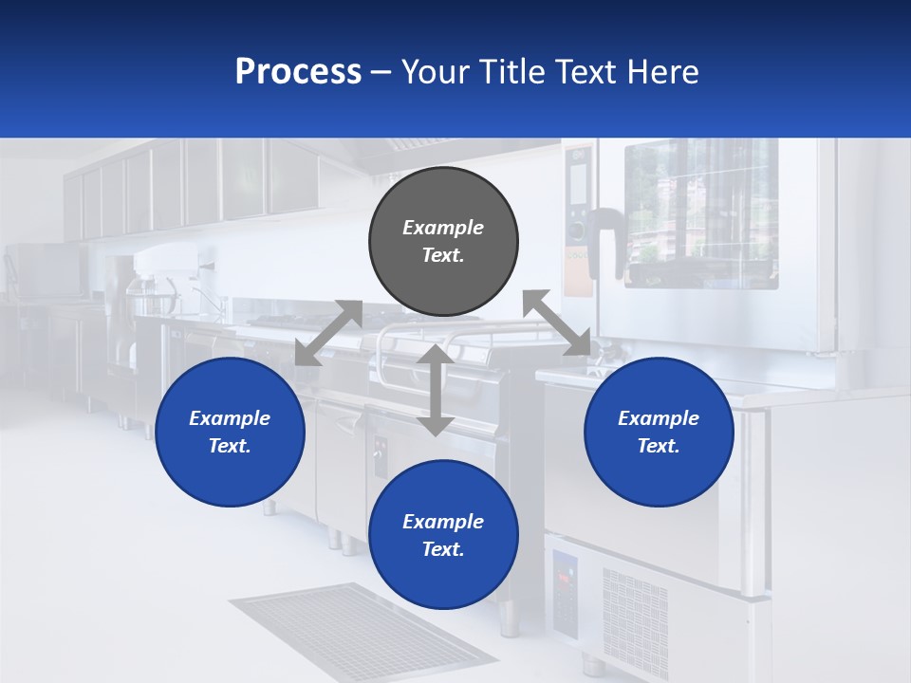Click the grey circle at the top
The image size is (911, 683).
(x=443, y=242)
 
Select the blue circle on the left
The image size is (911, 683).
(x=230, y=432)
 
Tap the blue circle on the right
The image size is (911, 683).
(x=659, y=432)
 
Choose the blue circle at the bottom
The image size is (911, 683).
(x=443, y=535)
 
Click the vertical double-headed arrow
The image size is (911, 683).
(x=435, y=390)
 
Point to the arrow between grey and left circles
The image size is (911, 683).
(x=328, y=333)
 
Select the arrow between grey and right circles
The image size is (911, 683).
(x=557, y=323)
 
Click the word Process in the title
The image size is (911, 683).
(x=298, y=71)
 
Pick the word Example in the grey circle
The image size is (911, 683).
(x=443, y=228)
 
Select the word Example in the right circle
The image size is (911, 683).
(x=659, y=418)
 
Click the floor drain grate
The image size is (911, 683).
(x=361, y=631)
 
